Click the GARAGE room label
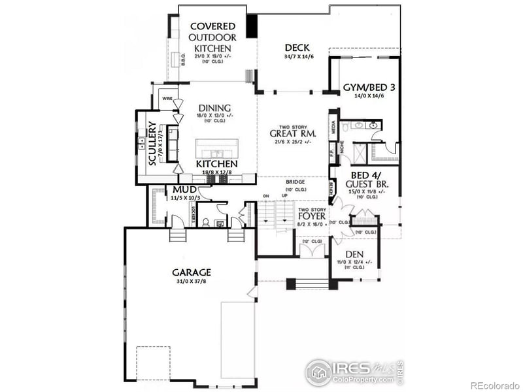coord(192,272)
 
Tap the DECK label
coord(297,48)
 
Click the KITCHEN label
coord(216,165)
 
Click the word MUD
coord(184,189)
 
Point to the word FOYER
coord(312,216)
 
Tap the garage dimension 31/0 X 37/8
coord(192,282)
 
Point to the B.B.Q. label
coord(184,61)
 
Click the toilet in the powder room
coord(205,223)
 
